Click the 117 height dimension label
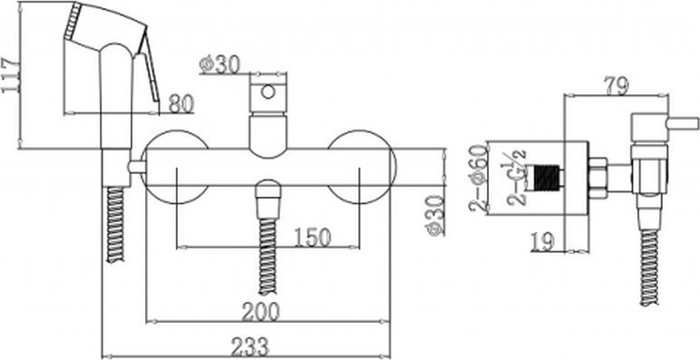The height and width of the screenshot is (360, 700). [10, 75]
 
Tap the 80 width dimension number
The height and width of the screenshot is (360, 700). [181, 104]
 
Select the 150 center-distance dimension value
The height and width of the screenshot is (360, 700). [313, 238]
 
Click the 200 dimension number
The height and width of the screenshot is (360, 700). [260, 312]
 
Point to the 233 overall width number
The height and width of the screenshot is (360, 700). [250, 347]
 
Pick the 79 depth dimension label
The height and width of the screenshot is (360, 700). [616, 86]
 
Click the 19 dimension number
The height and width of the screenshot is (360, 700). [543, 241]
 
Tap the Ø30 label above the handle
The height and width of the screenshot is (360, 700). [219, 65]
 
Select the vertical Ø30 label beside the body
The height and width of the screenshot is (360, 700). [434, 215]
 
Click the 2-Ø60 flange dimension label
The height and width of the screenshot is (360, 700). [477, 178]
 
